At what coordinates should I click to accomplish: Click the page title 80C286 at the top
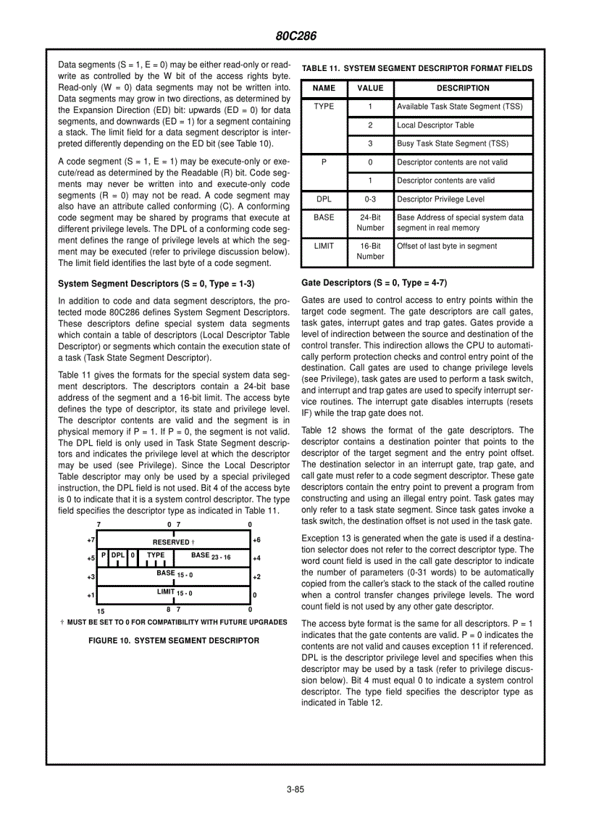point(295,36)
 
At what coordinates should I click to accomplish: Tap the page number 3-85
point(295,790)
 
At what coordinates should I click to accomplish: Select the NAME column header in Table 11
point(324,88)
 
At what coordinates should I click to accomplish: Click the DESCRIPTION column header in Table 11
point(463,88)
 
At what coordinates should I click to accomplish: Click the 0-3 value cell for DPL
point(370,199)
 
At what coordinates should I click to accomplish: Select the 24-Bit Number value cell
point(370,223)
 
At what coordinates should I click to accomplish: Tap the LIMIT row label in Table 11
point(324,246)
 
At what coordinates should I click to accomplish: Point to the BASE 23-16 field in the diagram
point(210,557)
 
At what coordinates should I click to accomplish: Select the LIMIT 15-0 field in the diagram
point(175,593)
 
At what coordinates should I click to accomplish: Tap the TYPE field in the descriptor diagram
point(156,556)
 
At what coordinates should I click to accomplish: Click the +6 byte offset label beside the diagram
point(256,540)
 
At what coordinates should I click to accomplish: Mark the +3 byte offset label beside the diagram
point(91,577)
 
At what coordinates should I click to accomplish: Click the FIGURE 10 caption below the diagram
point(173,641)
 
